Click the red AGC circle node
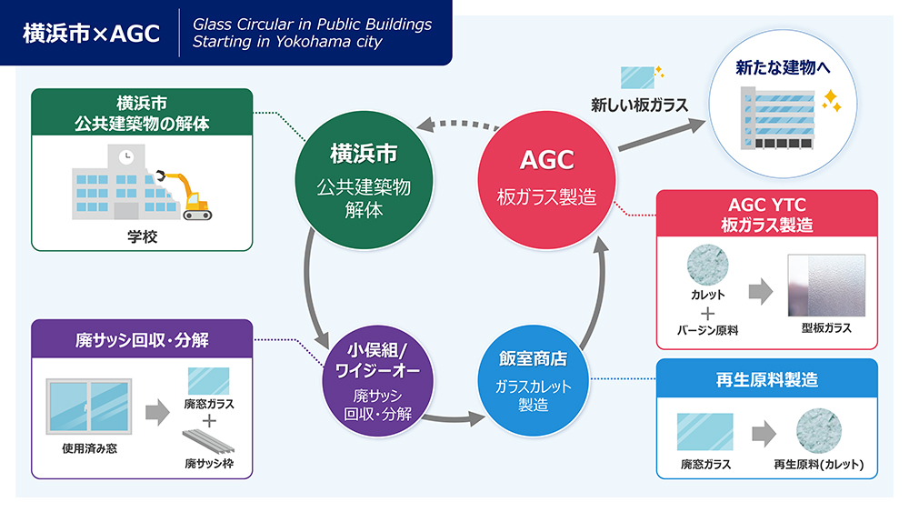[x=547, y=176]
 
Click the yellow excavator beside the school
[x=191, y=194]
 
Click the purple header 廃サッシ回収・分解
[x=142, y=340]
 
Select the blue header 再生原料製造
[x=766, y=380]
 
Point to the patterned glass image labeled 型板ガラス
[x=825, y=285]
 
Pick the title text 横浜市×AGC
[x=91, y=34]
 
